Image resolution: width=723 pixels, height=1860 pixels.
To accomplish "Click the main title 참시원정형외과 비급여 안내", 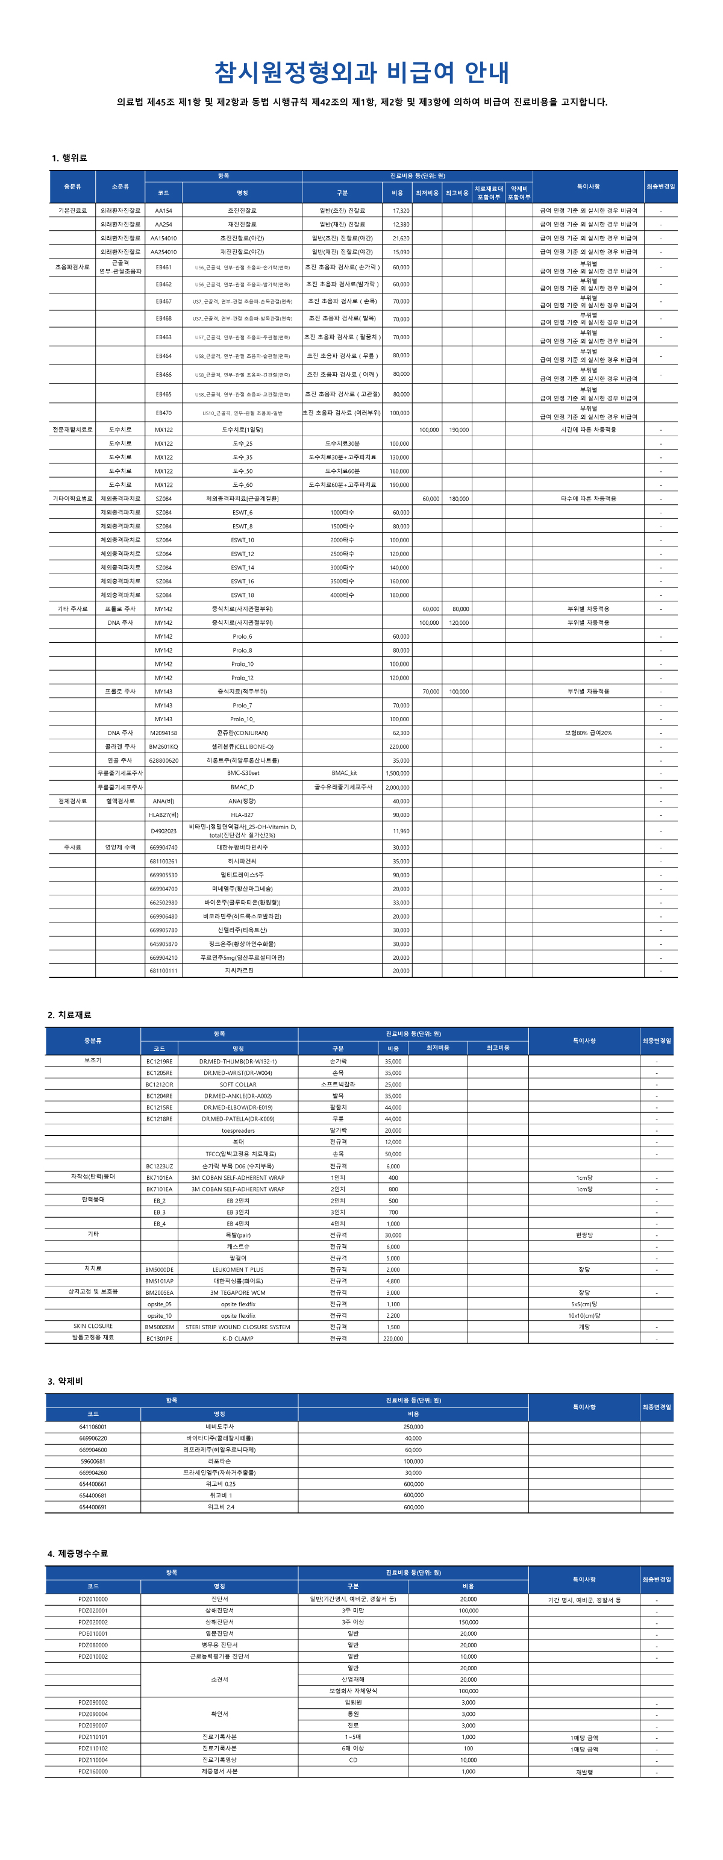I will (x=361, y=72).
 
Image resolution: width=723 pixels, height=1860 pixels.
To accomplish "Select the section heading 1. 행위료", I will (x=69, y=158).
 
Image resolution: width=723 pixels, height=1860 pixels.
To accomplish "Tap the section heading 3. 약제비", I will (x=65, y=1381).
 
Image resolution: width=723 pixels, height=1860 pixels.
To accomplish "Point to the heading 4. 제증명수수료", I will (x=77, y=1553).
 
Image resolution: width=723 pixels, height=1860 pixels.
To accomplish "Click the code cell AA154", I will (x=163, y=211).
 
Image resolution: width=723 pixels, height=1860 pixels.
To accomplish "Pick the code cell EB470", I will (x=163, y=413).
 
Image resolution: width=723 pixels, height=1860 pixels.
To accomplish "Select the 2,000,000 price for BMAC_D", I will (x=397, y=787).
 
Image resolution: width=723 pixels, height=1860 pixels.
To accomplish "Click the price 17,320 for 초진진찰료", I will (x=401, y=211).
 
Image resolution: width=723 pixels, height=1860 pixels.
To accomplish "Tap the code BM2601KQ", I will (x=163, y=747).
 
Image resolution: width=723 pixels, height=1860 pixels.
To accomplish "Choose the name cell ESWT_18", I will (x=242, y=595).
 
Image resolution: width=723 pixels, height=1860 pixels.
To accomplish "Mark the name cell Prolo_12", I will (x=242, y=678).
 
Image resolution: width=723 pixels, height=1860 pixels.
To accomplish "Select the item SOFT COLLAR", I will (x=237, y=1085).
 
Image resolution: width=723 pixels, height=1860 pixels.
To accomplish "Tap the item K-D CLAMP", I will (x=237, y=1339).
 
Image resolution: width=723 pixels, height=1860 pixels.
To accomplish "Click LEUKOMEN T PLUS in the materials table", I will (x=237, y=1270).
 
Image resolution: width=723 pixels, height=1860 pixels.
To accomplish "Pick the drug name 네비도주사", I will (x=219, y=1427).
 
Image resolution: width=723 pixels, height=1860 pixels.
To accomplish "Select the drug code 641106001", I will (x=93, y=1427).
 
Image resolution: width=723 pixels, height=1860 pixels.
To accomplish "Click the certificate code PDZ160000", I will (x=93, y=1771).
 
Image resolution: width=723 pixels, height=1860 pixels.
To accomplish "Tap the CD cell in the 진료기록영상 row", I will (x=353, y=1759).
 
